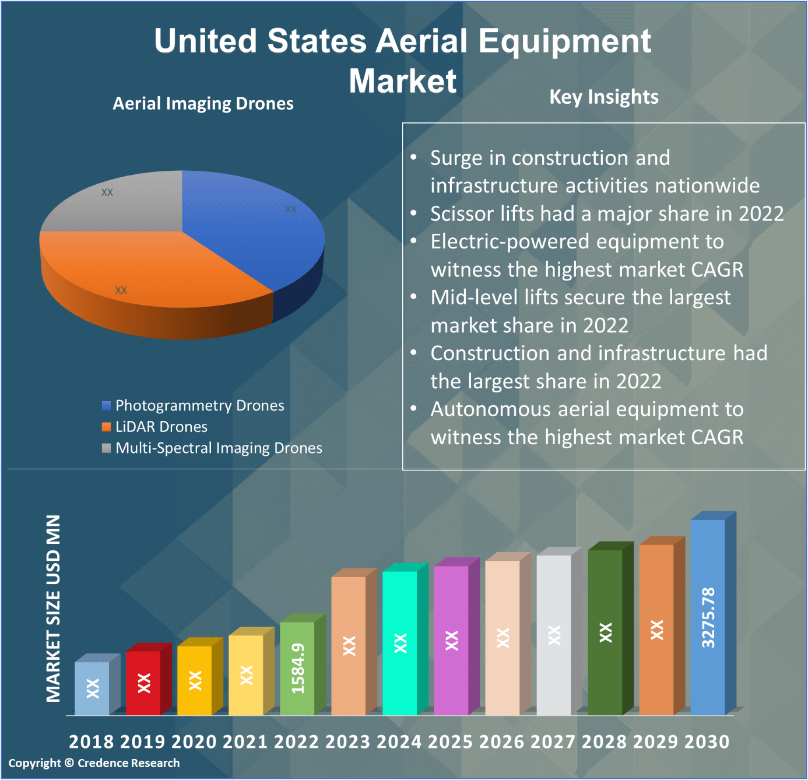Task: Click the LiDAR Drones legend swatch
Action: pos(106,427)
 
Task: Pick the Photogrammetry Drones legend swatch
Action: pos(106,406)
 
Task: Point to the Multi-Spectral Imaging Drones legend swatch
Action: pos(106,448)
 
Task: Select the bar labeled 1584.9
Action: pos(297,668)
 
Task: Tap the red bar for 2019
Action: pos(143,683)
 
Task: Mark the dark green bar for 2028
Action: pos(605,632)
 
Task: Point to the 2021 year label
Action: pos(245,742)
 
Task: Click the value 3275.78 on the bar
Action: pos(708,618)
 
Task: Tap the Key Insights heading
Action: pos(604,97)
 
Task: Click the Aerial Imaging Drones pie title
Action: pos(203,104)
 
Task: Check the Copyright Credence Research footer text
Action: pos(94,763)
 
